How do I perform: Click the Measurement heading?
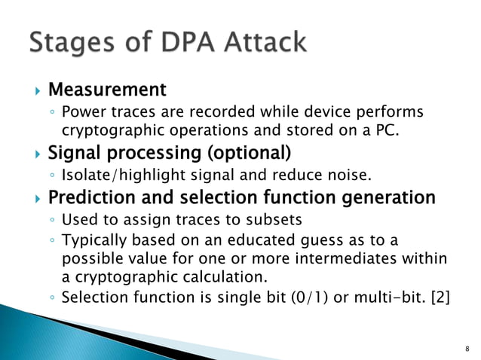(106, 90)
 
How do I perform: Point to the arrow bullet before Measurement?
(34, 91)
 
